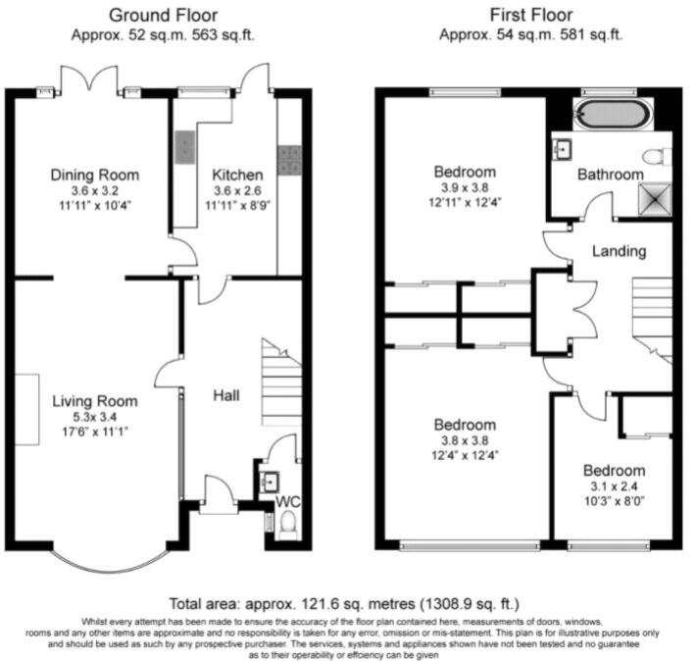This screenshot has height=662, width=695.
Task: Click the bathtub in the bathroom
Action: pos(614,114)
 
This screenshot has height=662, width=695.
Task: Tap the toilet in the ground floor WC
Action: pos(288,522)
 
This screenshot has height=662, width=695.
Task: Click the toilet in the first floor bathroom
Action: pos(657,157)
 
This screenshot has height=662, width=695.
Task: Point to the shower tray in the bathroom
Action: pos(655,199)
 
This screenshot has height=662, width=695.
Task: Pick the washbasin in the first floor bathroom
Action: pos(562,149)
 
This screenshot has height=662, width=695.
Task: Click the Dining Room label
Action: pos(94,176)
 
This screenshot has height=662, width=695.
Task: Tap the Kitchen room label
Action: pos(237,176)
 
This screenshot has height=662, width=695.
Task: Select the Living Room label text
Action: pos(94,401)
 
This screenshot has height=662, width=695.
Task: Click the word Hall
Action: pos(226,395)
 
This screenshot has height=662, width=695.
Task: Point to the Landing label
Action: pos(619,251)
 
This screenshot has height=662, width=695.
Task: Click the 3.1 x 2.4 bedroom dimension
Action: pos(614,486)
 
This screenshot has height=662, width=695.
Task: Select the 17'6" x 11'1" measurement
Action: pos(95,432)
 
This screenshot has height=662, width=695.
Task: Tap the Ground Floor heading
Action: pos(163,16)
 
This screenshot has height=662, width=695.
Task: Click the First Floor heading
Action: pos(531,16)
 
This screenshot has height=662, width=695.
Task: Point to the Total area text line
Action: pos(344,603)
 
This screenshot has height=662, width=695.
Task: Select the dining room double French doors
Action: pos(89,79)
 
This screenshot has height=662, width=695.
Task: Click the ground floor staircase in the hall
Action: pos(282,382)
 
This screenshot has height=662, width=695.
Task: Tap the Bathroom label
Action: pos(611,175)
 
